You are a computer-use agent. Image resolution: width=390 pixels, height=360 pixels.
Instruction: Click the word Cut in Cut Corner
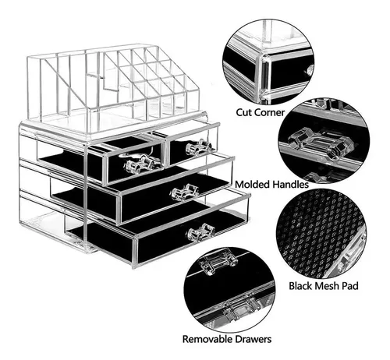coord(244,112)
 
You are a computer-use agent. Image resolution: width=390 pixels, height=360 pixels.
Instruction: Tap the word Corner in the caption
coord(270,112)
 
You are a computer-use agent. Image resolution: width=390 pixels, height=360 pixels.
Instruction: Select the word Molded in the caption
coord(252,185)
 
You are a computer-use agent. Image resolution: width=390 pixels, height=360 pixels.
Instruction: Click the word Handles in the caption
coord(290,185)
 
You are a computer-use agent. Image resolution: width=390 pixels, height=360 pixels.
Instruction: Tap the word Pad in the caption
coord(349,286)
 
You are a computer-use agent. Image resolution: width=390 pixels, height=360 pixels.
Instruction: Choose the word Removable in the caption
coord(207,339)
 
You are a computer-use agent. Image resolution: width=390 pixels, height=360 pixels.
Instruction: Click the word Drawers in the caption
coord(253,339)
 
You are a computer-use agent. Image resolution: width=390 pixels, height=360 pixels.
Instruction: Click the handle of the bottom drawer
coord(200,232)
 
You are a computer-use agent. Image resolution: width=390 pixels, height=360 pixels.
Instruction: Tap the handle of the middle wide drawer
coord(185,192)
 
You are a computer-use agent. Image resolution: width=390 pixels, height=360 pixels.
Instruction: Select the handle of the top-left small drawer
coord(139,164)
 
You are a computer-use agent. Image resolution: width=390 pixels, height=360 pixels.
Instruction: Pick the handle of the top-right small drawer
coord(199,147)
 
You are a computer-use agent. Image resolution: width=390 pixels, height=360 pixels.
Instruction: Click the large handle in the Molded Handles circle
coord(321,142)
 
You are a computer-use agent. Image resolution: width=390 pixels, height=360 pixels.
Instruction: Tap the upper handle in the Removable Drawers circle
coord(218,262)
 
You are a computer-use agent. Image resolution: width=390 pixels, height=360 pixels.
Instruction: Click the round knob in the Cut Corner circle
coord(310,69)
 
